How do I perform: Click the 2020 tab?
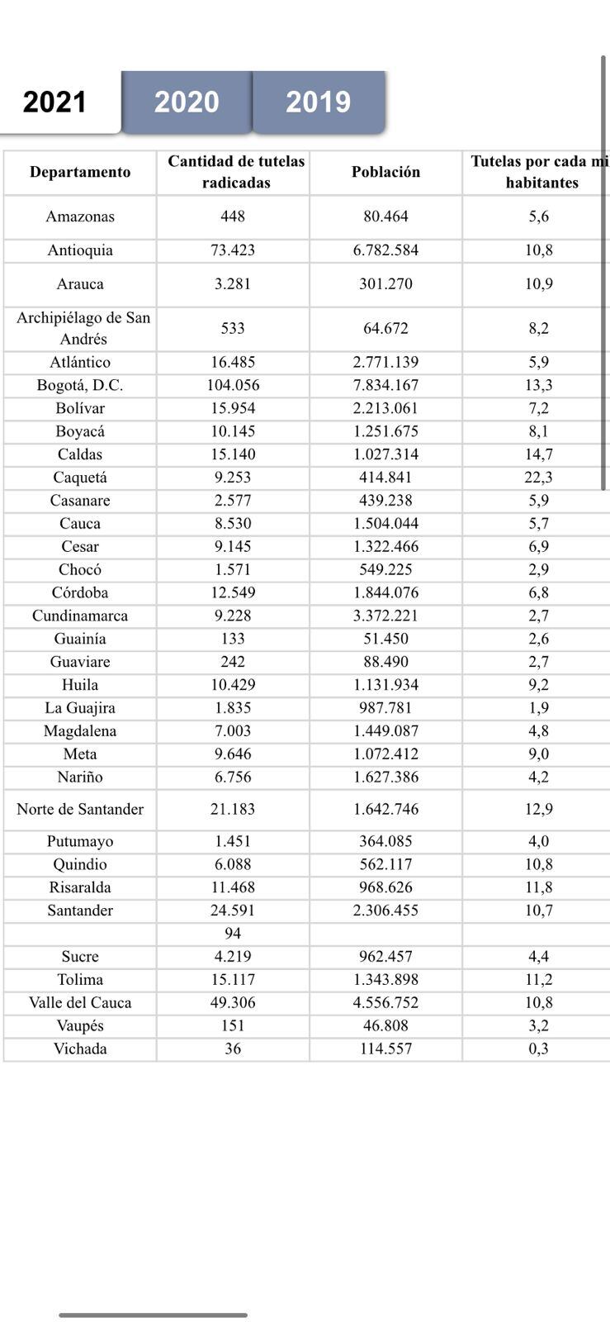[187, 102]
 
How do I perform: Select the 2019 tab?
[318, 102]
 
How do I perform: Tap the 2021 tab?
[55, 102]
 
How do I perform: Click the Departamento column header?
[80, 172]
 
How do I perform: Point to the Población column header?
[385, 172]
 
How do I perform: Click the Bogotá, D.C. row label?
[80, 385]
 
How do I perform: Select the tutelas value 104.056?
[233, 385]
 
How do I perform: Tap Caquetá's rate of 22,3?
[539, 478]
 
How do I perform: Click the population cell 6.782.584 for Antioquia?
[385, 250]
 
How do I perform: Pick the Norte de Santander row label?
[80, 809]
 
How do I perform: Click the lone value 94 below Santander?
[233, 933]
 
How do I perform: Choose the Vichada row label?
[80, 1049]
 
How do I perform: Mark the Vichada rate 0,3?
[539, 1049]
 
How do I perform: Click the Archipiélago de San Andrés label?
[83, 328]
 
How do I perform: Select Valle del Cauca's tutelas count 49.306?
[233, 1002]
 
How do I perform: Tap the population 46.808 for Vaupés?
[385, 1025]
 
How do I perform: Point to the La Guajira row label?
[80, 708]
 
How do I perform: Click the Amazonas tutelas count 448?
[233, 216]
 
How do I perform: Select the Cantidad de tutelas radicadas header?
[236, 172]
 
